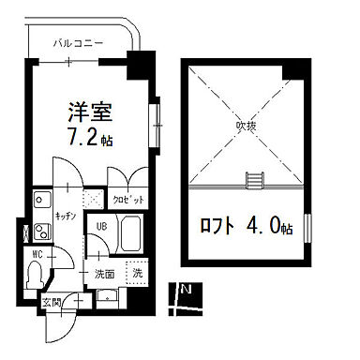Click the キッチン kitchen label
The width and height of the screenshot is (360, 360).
pos(65,215)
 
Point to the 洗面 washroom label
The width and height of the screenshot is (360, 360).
pos(103,274)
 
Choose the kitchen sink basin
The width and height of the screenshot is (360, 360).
pos(43,200)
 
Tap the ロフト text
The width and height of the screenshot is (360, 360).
pos(220,226)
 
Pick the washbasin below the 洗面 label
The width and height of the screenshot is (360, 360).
pos(106,297)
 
